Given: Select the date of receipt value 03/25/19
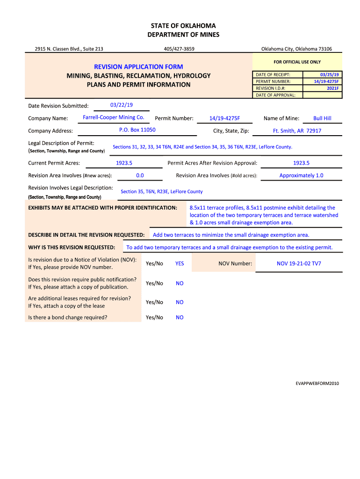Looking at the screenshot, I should pos(330,75).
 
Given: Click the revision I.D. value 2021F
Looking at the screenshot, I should pos(332,88).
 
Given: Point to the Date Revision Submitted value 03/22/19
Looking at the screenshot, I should pos(121,105).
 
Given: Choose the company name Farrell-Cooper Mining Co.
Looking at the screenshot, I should pos(113,117).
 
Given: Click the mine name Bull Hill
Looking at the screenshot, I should pos(322,118).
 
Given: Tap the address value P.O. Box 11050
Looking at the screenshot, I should pos(137,130).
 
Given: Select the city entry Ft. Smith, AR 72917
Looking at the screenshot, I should pos(297,131).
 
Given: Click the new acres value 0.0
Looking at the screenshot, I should pos(140,175).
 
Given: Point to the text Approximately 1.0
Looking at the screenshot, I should pos(301,175).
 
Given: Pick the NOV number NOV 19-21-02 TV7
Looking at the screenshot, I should pos(299,263).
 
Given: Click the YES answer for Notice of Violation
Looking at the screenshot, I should pos(180,263).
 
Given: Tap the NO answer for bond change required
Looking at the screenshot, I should pos(180,318).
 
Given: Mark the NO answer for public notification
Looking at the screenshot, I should pos(180,283).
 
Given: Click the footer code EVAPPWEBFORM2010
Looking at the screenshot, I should pos(317,384).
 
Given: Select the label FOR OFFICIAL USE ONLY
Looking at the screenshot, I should pos(297,62).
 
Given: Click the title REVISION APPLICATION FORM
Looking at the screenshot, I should pos(139,67).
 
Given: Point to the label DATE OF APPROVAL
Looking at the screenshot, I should pos(275,95).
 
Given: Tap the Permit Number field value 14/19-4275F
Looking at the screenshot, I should pos(224,118).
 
